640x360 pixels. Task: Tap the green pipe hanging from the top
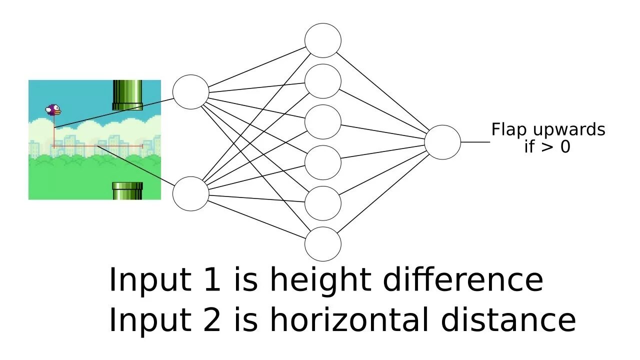pyautogui.click(x=127, y=94)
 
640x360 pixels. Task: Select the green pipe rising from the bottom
pyautogui.click(x=127, y=191)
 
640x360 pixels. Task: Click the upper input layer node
pyautogui.click(x=190, y=92)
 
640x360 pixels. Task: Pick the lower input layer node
pyautogui.click(x=190, y=193)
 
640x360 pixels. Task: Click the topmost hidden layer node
pyautogui.click(x=323, y=40)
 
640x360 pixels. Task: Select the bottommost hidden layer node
pyautogui.click(x=323, y=244)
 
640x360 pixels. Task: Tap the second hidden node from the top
pyautogui.click(x=323, y=81)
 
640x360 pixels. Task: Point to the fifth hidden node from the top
pyautogui.click(x=323, y=203)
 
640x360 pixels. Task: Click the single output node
pyautogui.click(x=442, y=142)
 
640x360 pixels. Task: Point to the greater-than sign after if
pyautogui.click(x=547, y=147)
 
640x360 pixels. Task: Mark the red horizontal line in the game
pyautogui.click(x=97, y=146)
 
